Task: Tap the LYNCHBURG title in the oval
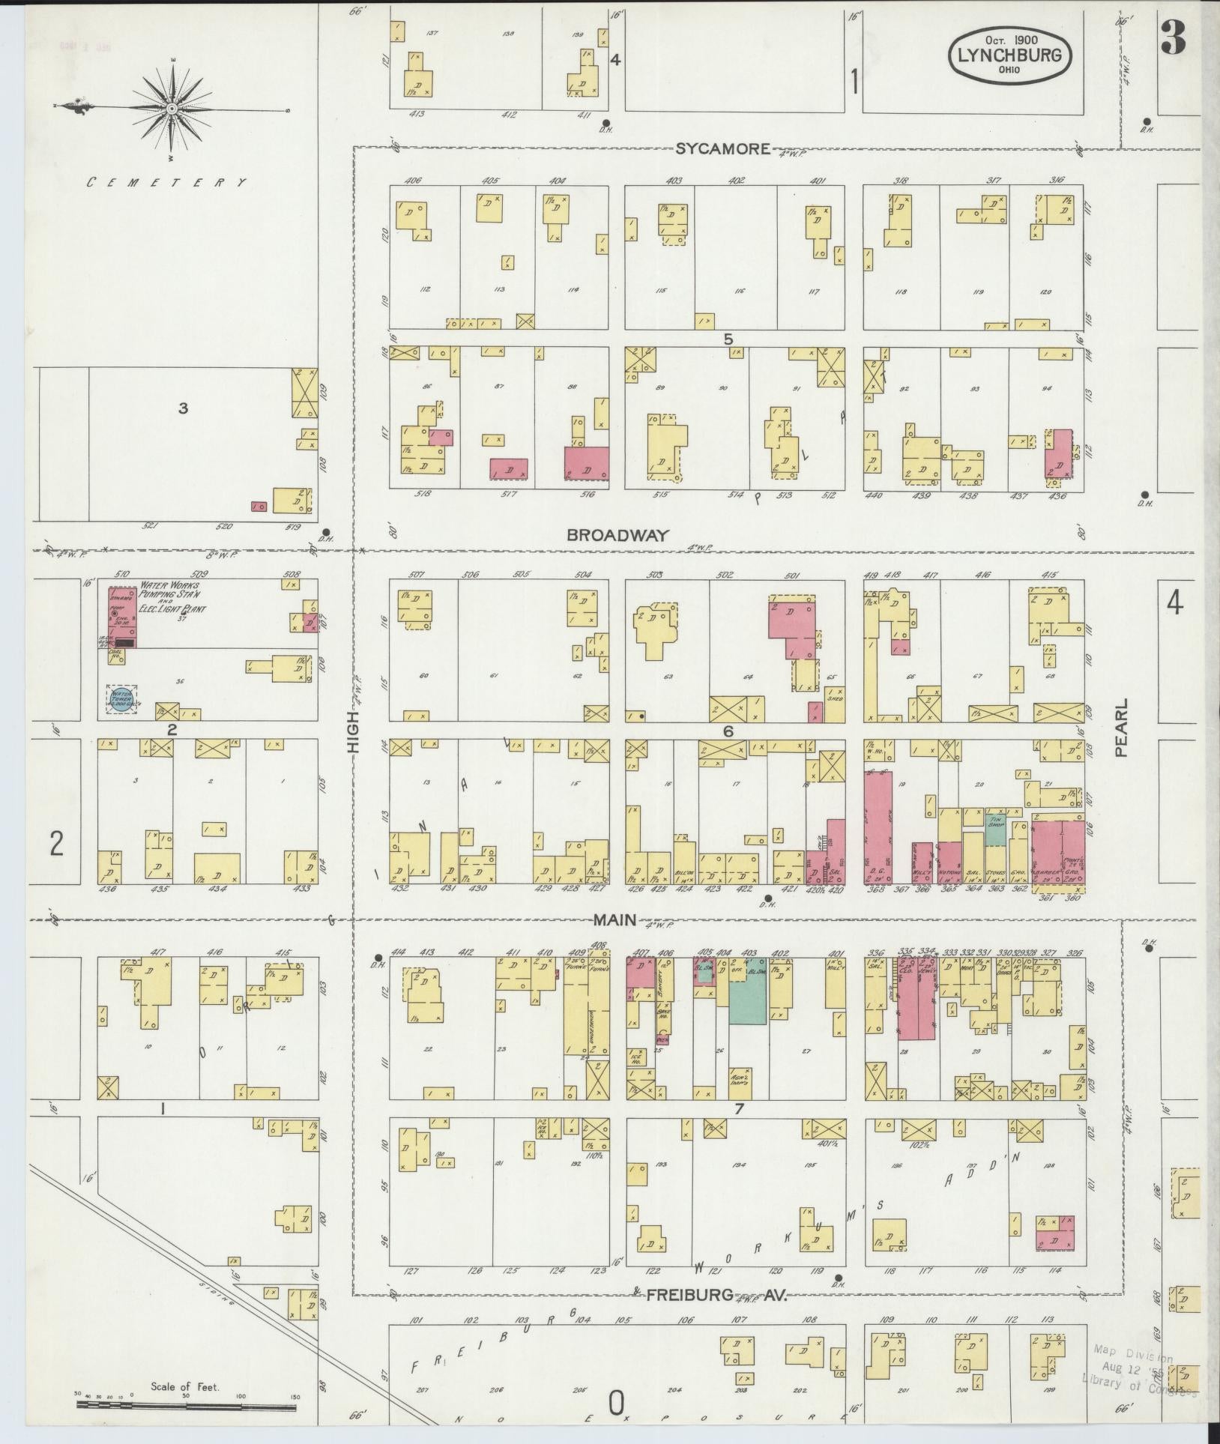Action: [1009, 55]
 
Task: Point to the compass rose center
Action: [172, 109]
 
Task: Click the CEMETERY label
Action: [166, 182]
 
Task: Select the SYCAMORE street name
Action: [722, 148]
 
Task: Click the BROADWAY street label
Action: [617, 535]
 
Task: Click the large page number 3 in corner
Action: [1173, 37]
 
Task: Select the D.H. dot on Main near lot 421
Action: [767, 898]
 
